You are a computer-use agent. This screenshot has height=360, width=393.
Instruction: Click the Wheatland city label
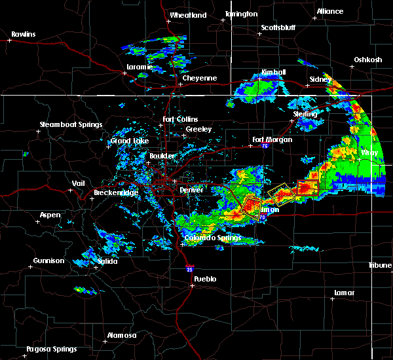click(188, 15)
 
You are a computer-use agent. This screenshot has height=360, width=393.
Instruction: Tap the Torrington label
click(242, 14)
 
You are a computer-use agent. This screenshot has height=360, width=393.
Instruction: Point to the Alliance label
click(329, 11)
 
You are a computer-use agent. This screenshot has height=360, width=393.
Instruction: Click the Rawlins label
click(23, 34)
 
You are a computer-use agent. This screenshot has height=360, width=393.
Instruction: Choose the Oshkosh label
click(367, 60)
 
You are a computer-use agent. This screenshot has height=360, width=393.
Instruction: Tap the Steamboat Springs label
click(71, 124)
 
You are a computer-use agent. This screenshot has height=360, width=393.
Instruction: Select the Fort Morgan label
click(272, 139)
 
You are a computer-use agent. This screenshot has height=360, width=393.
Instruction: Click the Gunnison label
click(49, 261)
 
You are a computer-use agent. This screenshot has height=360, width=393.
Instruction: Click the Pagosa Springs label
click(51, 349)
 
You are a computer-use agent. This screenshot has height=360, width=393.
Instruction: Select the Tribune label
click(379, 265)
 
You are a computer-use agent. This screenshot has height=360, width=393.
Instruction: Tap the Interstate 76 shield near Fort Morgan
click(265, 147)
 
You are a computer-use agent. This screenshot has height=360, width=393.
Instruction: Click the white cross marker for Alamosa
click(107, 341)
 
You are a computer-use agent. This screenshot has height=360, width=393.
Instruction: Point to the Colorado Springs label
click(212, 238)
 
